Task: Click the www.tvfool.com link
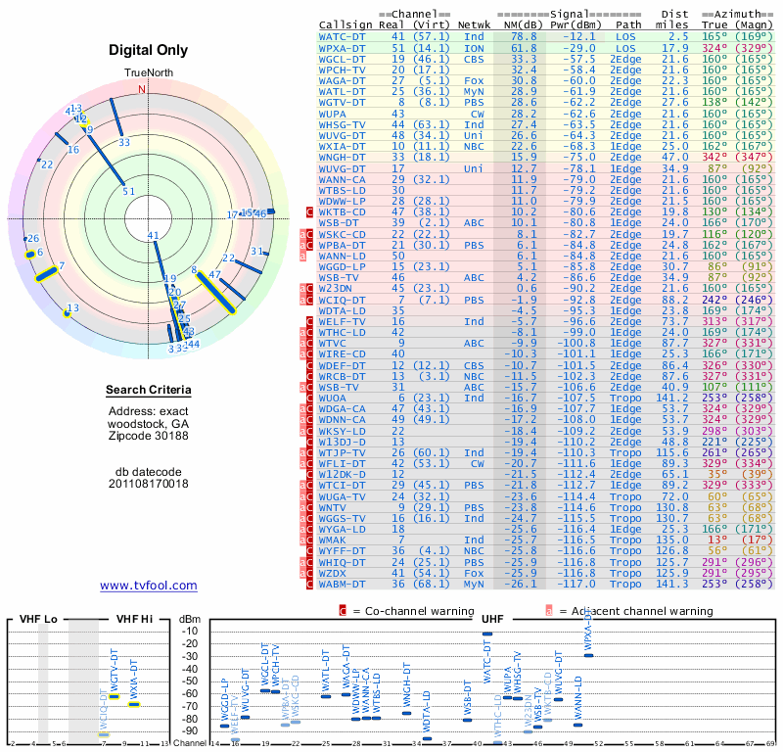148,586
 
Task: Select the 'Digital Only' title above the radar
148,50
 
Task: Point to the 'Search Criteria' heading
148,391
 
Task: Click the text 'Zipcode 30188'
148,436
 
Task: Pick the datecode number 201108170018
148,483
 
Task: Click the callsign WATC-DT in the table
343,36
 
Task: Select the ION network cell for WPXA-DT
474,48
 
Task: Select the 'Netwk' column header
474,24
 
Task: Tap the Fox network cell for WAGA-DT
474,81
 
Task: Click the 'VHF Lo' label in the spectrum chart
36,619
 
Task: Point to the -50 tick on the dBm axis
190,681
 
